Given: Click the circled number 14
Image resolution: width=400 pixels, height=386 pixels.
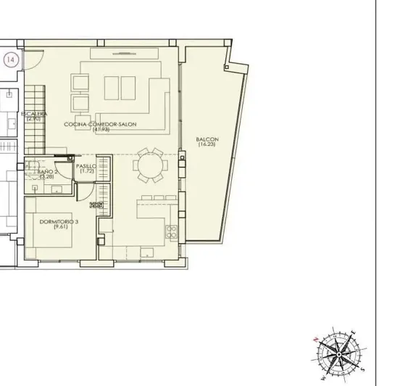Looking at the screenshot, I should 10,60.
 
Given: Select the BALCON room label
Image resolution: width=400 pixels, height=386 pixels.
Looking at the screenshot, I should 207,139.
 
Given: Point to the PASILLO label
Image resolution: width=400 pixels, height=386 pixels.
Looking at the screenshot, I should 88,165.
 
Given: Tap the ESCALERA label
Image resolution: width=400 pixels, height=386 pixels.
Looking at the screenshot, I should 34,114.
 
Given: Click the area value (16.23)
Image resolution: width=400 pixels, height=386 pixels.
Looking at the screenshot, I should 207,144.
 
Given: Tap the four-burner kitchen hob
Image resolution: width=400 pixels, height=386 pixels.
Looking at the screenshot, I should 172,233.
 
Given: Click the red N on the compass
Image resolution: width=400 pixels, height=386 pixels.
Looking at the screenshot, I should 312,338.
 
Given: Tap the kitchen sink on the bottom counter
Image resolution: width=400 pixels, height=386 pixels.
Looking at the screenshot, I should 147,253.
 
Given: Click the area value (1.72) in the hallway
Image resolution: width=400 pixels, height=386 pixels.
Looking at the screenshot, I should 88,171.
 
